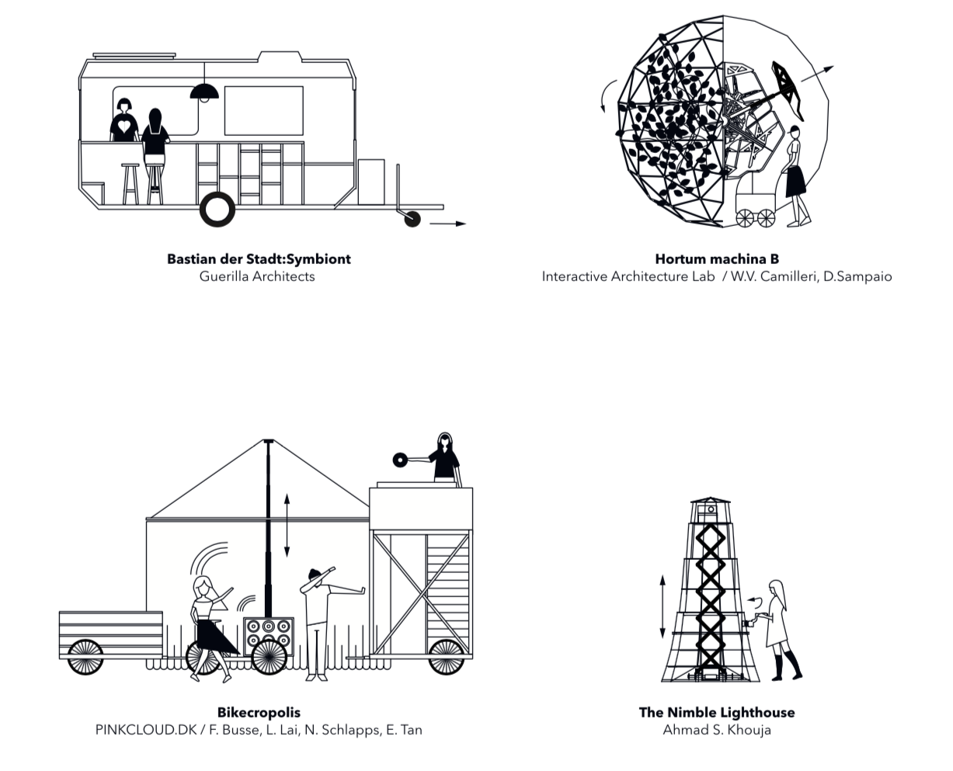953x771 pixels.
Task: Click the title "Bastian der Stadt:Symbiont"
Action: click(259, 259)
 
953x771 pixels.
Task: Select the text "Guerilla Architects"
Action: click(257, 276)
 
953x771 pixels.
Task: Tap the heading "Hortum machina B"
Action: click(717, 259)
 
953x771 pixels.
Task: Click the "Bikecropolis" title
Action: click(259, 713)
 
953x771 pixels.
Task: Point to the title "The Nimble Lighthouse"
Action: click(717, 713)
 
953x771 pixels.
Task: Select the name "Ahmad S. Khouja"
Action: click(717, 730)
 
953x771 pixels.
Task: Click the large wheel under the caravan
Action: click(217, 210)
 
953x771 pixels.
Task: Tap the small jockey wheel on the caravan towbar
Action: click(412, 219)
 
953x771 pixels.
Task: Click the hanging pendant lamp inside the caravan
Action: click(204, 92)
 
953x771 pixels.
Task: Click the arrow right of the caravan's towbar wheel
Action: click(447, 224)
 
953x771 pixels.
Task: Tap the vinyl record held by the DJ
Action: click(400, 460)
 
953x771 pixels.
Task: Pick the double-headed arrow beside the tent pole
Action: click(287, 526)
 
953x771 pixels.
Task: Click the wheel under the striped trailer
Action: click(85, 658)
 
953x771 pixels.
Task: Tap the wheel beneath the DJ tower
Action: click(447, 657)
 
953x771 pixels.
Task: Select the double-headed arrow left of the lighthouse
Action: click(663, 607)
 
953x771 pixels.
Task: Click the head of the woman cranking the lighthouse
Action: click(777, 589)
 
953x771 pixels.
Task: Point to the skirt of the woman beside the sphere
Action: click(795, 181)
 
